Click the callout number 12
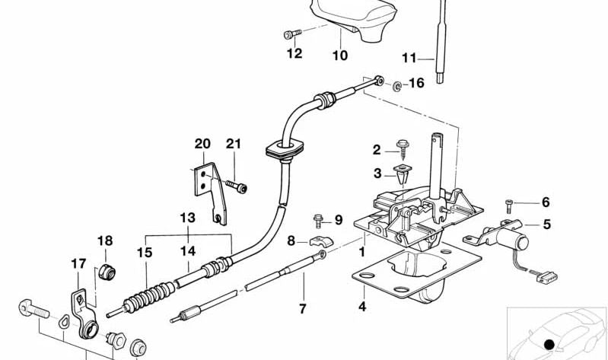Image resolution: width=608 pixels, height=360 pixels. [x=294, y=53]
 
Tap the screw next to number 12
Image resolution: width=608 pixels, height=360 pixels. [x=293, y=34]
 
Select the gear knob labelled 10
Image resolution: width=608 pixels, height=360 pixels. [x=353, y=18]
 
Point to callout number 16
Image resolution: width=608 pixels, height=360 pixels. [x=417, y=83]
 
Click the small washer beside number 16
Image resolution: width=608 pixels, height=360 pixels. [x=396, y=86]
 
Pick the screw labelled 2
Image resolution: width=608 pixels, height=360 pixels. [x=403, y=149]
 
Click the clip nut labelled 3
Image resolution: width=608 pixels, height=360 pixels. [x=402, y=174]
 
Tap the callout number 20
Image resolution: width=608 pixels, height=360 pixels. [x=202, y=144]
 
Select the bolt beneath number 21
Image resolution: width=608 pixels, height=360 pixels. [x=237, y=186]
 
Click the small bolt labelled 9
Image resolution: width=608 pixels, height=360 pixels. [x=318, y=221]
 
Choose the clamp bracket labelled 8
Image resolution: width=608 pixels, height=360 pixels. [x=321, y=242]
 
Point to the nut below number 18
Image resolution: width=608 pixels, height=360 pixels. [x=106, y=272]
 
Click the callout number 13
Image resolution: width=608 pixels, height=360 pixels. [x=188, y=218]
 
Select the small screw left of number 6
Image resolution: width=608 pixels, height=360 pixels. [x=509, y=205]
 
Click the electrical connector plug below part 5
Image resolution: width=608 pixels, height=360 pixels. [x=546, y=277]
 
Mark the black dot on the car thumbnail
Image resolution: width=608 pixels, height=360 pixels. [x=549, y=345]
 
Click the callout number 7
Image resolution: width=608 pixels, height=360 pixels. [x=302, y=309]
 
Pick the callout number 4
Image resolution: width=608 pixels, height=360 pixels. [x=362, y=307]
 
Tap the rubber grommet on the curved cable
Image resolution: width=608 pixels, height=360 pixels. [x=285, y=149]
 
